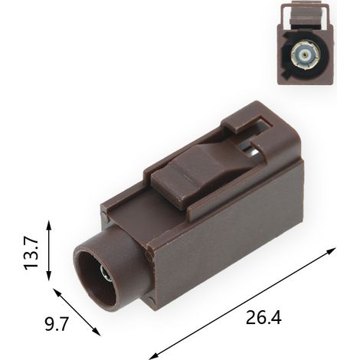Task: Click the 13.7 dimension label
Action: (31, 253)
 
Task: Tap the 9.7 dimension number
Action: (57, 324)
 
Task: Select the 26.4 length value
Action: (263, 318)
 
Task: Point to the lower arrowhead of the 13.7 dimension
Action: (49, 275)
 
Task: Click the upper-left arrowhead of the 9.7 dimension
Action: (57, 293)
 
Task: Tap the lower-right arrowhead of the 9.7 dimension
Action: (97, 331)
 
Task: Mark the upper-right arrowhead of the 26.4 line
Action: (331, 250)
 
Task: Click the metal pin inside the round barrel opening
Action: (105, 274)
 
